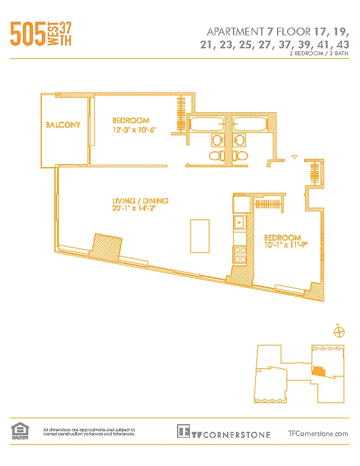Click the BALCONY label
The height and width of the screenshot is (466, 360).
63,125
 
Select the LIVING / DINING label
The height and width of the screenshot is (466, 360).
140,201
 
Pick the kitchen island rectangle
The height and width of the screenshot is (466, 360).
200,236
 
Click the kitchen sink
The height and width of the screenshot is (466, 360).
239,222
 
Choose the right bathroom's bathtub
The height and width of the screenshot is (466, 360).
250,123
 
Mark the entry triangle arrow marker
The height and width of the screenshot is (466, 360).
294,157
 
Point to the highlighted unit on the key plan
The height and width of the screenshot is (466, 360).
318,370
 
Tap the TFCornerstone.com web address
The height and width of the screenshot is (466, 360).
318,433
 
